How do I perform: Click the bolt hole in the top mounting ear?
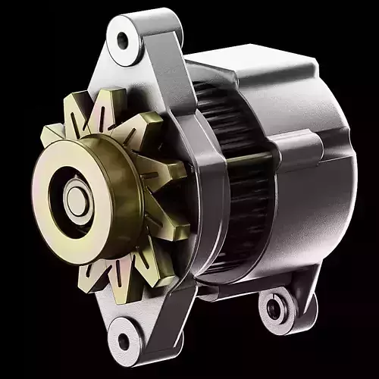point(123,39)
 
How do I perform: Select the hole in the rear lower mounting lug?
point(274,308)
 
